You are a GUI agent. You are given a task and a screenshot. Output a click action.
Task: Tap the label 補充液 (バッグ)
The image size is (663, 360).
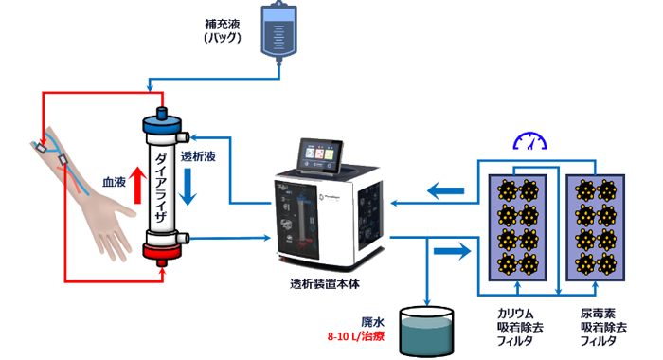224,31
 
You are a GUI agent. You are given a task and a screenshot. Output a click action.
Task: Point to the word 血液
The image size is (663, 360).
114,180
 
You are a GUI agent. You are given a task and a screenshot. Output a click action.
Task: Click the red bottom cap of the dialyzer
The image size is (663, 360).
162,253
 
